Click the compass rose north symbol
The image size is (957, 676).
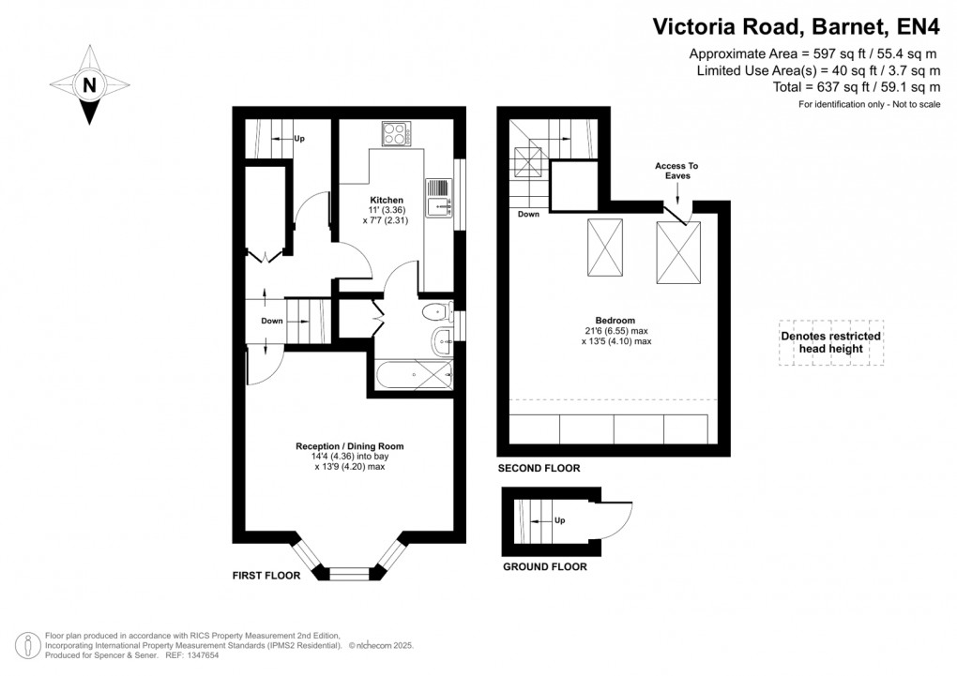click(90, 85)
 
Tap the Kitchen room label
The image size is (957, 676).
click(386, 200)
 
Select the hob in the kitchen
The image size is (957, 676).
click(395, 134)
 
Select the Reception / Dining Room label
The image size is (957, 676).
click(350, 446)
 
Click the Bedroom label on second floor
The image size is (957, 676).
click(615, 320)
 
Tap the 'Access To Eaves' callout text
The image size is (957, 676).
click(676, 171)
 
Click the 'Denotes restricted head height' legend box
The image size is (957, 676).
click(830, 342)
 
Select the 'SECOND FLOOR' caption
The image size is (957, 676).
click(539, 468)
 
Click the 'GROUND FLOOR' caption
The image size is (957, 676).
click(544, 566)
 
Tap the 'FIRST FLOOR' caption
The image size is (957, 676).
click(266, 576)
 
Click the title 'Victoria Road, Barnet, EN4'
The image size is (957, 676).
click(796, 27)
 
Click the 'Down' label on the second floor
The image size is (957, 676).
click(528, 215)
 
